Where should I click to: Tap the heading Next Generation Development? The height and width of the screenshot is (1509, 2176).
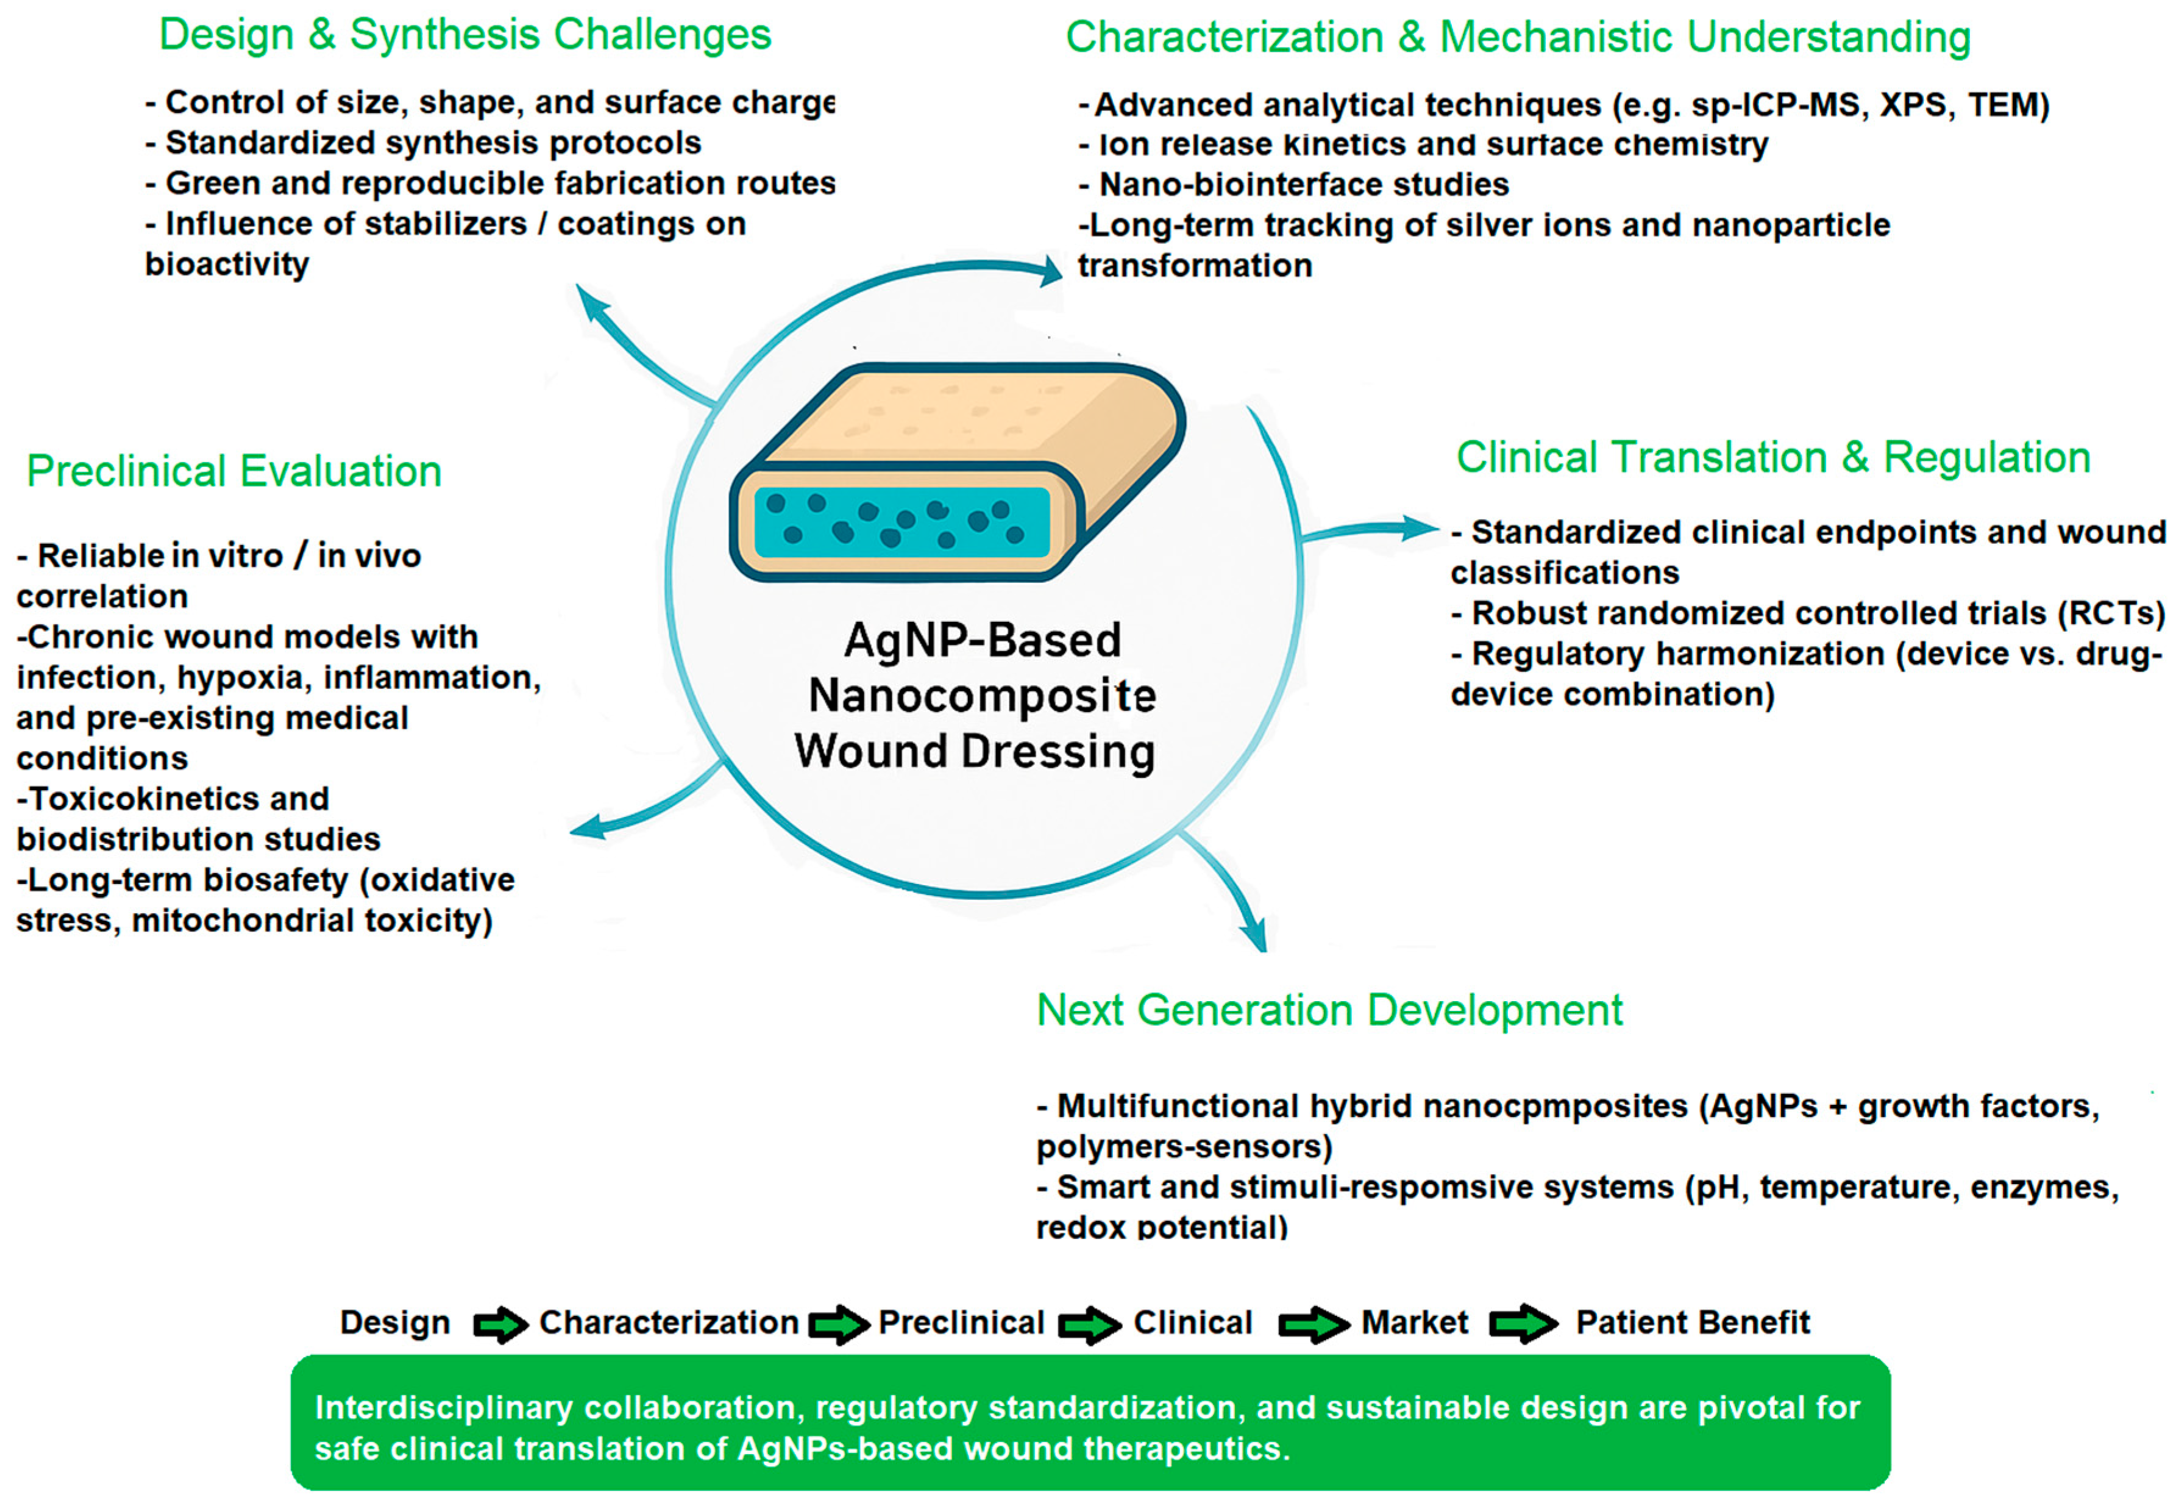[1328, 1010]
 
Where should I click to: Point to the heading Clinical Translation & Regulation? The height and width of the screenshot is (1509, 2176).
[1772, 458]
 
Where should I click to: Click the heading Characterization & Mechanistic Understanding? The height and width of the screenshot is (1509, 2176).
[1517, 38]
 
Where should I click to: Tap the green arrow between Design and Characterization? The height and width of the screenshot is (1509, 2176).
[499, 1324]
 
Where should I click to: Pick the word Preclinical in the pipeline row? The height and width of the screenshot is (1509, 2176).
[961, 1322]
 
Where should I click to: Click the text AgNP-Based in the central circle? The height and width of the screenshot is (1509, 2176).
[982, 640]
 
